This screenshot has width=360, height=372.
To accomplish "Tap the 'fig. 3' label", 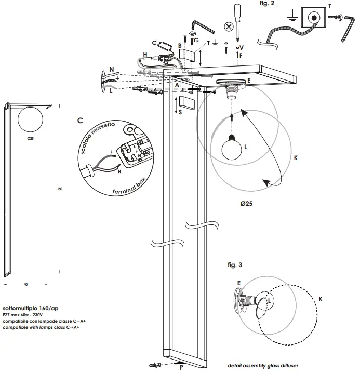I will [235, 265].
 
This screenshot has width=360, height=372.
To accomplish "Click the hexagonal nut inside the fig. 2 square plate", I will [314, 18].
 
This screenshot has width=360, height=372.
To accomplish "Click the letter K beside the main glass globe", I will [296, 156].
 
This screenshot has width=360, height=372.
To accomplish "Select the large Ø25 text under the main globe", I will [246, 204].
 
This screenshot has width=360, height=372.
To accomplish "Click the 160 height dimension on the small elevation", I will [60, 189].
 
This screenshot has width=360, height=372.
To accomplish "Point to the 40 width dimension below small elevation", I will [26, 285].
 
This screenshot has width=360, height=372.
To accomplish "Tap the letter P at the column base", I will [181, 368].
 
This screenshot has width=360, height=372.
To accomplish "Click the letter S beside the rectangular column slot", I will [179, 112].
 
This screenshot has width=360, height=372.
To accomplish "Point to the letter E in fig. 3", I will [239, 283].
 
